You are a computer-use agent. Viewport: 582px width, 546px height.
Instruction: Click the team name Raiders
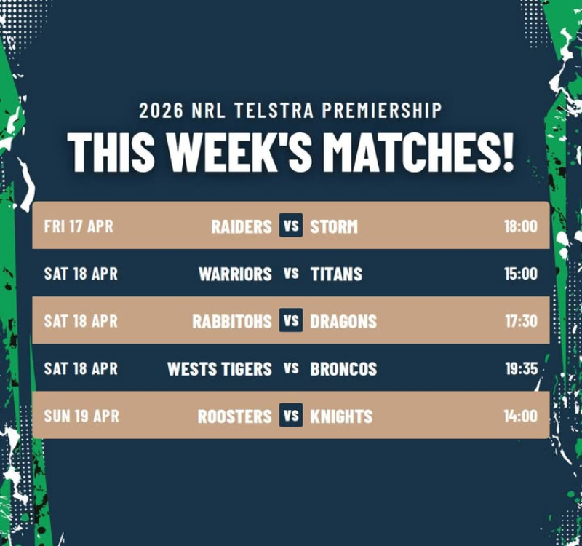tap(242, 226)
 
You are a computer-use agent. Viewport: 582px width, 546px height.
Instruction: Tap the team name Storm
tap(334, 226)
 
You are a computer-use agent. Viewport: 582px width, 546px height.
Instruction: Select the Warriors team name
tap(235, 274)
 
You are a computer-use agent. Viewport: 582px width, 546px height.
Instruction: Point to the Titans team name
tap(336, 274)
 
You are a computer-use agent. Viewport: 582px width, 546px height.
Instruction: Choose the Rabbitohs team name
tap(232, 322)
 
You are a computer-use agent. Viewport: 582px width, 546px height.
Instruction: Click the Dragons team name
tap(343, 322)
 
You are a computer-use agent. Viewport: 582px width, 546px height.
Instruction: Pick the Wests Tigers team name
tap(220, 369)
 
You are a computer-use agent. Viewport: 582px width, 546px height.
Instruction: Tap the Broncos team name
tap(343, 369)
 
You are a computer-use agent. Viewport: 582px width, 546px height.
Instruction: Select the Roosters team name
tap(234, 416)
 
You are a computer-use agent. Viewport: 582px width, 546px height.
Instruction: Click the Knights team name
tap(341, 416)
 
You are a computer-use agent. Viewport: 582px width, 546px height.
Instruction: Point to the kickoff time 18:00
tap(521, 226)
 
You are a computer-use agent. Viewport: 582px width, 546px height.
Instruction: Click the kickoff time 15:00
tap(521, 274)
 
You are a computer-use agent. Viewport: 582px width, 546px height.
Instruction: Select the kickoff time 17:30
tap(521, 321)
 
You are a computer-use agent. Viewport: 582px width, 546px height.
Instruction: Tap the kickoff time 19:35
tap(521, 368)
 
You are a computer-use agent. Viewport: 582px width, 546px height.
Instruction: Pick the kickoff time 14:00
tap(520, 416)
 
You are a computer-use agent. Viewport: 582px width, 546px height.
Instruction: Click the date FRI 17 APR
tap(79, 226)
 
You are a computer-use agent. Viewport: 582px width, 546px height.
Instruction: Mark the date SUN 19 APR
tap(81, 416)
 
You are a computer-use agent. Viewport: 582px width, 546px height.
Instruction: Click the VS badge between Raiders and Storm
tap(291, 225)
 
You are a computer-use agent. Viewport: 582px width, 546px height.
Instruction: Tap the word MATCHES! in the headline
tap(420, 152)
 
